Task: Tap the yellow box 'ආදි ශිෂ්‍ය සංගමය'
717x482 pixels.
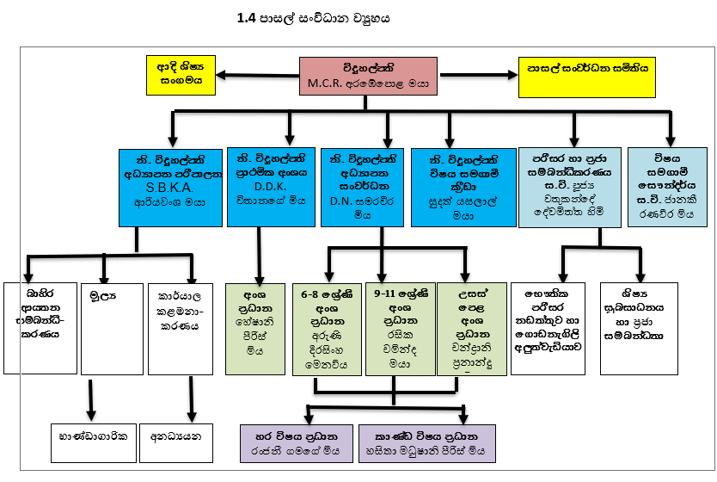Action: point(180,74)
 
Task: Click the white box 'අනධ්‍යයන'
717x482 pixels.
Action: point(175,436)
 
